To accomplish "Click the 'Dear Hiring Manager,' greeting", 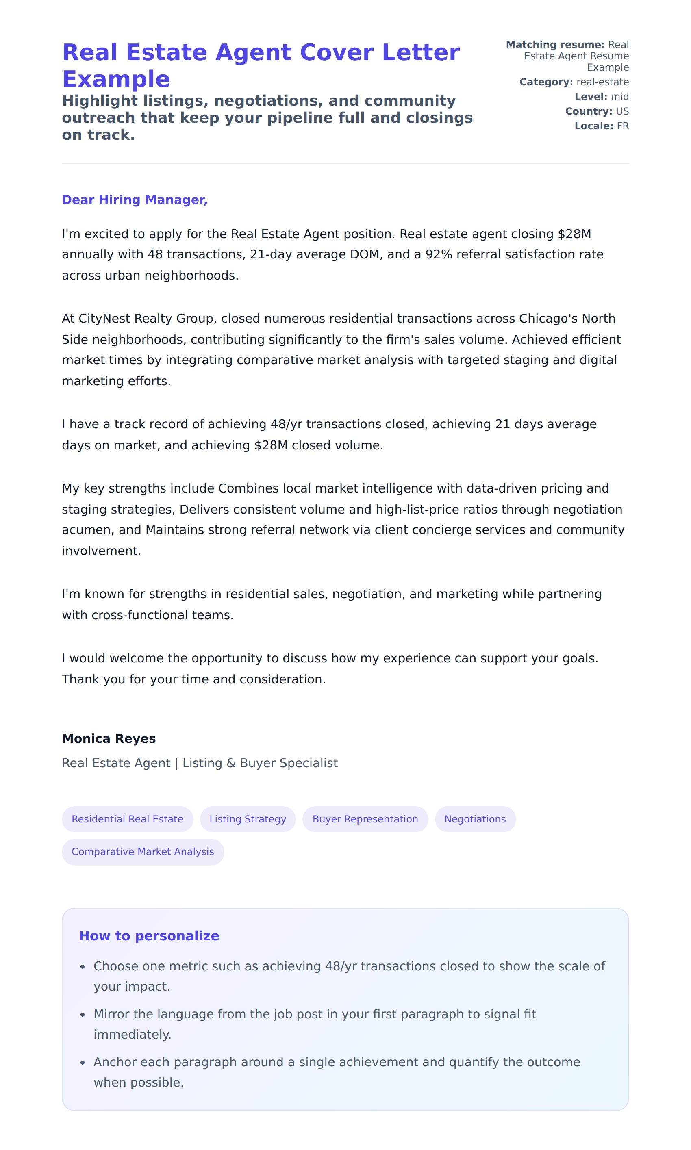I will tap(135, 200).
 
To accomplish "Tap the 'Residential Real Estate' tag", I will tap(127, 819).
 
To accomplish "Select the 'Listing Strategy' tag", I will tap(248, 819).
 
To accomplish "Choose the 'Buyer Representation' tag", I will tap(365, 819).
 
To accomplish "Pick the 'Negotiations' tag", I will tap(475, 819).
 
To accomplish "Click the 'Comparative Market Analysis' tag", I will tap(143, 852).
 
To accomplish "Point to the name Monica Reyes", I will tap(109, 739).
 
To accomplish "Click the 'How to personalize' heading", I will tap(149, 936).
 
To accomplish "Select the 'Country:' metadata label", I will tap(589, 111).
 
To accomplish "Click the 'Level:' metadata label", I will tap(591, 97).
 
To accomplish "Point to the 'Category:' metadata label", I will tap(546, 82).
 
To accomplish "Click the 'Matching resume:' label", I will tap(555, 45).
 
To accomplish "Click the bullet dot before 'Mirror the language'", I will tap(83, 1015).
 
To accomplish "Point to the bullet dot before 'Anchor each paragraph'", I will tap(83, 1063).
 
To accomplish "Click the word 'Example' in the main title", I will tap(116, 79).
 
